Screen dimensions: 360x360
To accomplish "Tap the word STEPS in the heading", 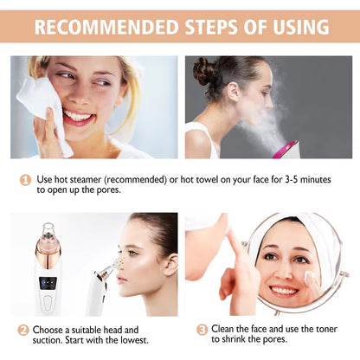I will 208,27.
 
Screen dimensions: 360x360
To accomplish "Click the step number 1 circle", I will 26,180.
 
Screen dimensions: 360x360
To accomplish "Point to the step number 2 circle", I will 22,330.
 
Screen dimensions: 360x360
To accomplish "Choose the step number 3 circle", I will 201,330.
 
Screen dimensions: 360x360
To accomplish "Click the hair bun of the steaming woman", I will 206,70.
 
